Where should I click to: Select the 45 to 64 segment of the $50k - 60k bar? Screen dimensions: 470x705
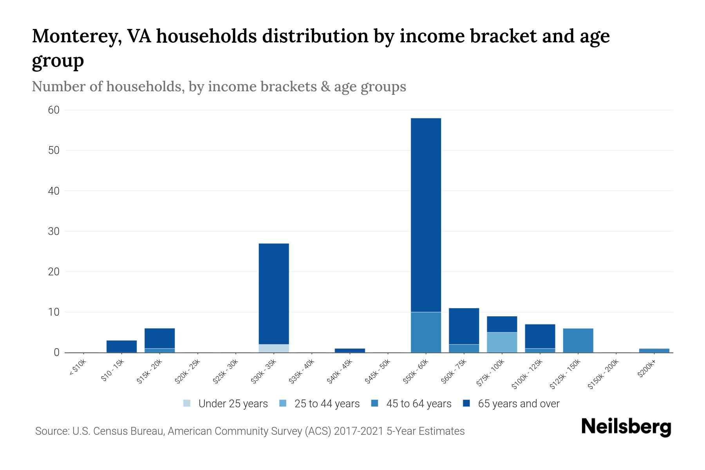pyautogui.click(x=426, y=332)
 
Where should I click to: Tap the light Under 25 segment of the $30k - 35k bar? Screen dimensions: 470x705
pyautogui.click(x=274, y=348)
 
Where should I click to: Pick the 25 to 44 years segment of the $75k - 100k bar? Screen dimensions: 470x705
pyautogui.click(x=502, y=342)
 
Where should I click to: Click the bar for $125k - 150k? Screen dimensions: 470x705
pyautogui.click(x=578, y=340)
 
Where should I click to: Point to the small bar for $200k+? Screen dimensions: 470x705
pyautogui.click(x=654, y=351)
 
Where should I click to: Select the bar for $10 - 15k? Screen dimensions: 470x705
pyautogui.click(x=121, y=347)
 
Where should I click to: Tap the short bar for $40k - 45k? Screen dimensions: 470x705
pyautogui.click(x=350, y=351)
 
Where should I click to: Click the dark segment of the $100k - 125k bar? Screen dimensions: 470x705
pyautogui.click(x=540, y=336)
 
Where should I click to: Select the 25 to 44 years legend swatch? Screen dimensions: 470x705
pyautogui.click(x=283, y=403)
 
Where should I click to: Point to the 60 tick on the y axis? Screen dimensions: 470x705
pyautogui.click(x=54, y=110)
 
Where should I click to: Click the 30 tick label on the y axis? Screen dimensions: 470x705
pyautogui.click(x=54, y=231)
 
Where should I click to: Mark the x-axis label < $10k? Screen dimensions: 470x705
pyautogui.click(x=78, y=368)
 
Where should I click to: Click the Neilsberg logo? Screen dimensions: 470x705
pyautogui.click(x=626, y=427)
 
